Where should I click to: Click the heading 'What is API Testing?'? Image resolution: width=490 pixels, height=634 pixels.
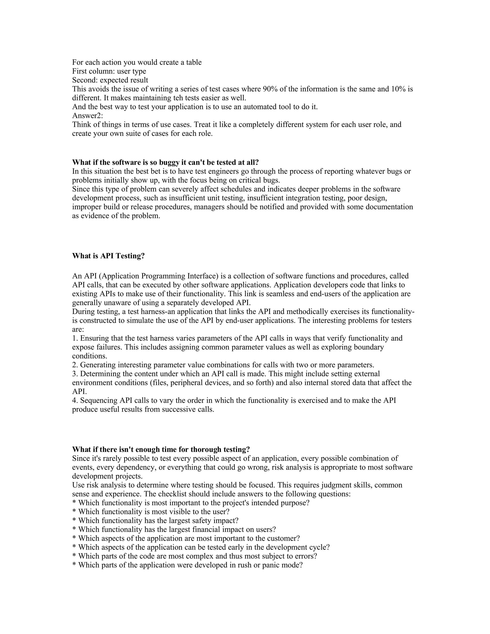point(108,256)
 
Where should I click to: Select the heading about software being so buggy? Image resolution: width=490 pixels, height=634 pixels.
point(165,162)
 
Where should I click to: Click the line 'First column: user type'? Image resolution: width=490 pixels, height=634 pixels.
point(109,71)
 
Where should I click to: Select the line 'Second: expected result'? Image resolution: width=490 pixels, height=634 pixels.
point(110,80)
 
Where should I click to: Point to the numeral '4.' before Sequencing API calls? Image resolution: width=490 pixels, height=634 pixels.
point(75,400)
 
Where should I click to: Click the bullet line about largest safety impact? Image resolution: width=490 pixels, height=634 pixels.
point(155,521)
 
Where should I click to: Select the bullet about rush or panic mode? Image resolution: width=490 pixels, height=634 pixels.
point(187,565)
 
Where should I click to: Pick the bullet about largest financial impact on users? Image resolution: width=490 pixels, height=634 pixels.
point(174,529)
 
